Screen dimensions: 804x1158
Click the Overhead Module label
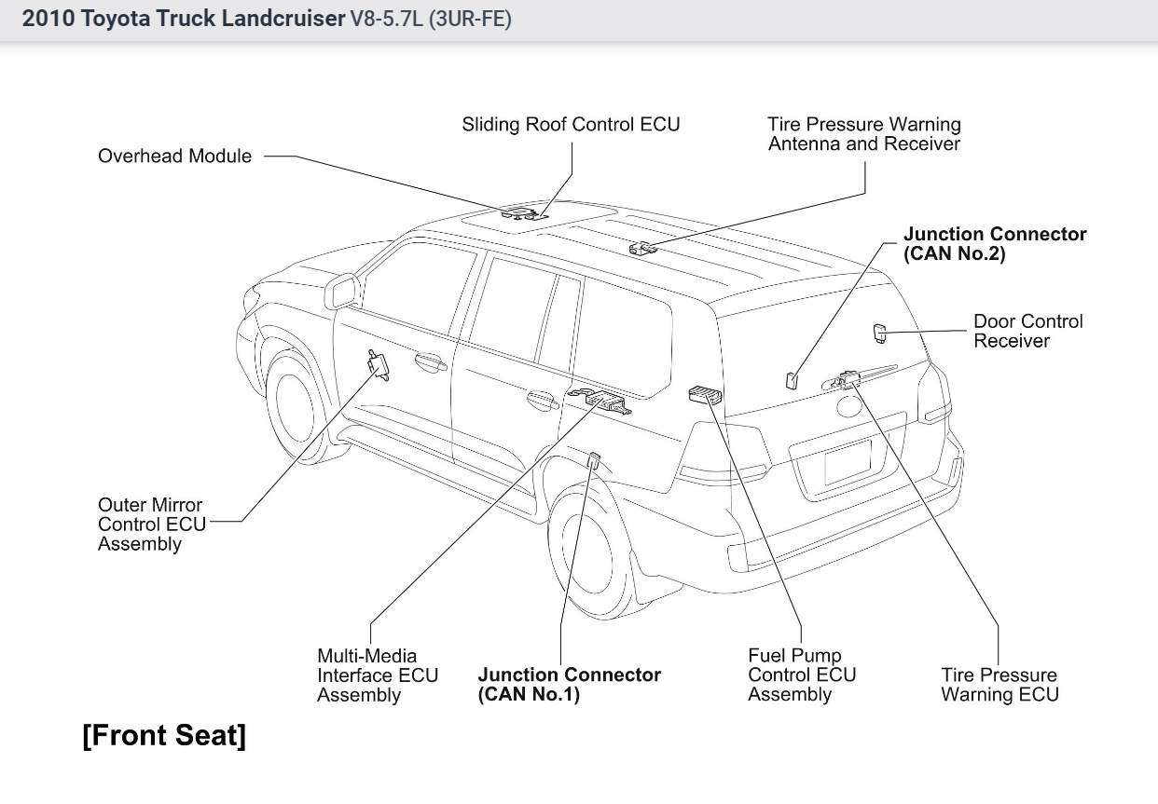(174, 157)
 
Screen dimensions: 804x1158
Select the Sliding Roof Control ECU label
(571, 124)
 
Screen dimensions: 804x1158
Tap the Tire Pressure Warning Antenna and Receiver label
(863, 133)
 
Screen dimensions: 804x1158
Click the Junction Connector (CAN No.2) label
(995, 244)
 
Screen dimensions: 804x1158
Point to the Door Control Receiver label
(1028, 331)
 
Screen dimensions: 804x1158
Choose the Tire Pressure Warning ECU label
(999, 685)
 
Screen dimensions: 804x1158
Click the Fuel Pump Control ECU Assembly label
(802, 675)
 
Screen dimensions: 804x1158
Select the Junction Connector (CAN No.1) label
(570, 685)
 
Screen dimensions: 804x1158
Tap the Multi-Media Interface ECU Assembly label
(377, 675)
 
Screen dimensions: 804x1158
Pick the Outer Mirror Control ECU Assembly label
(151, 525)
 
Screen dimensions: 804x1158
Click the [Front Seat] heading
(164, 735)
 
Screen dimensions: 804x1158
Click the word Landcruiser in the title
(283, 20)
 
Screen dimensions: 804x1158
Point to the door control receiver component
(879, 331)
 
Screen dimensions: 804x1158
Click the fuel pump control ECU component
(704, 395)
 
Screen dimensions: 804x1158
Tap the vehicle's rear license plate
(848, 461)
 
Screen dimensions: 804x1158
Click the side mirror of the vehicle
(341, 292)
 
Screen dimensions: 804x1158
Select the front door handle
(431, 361)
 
